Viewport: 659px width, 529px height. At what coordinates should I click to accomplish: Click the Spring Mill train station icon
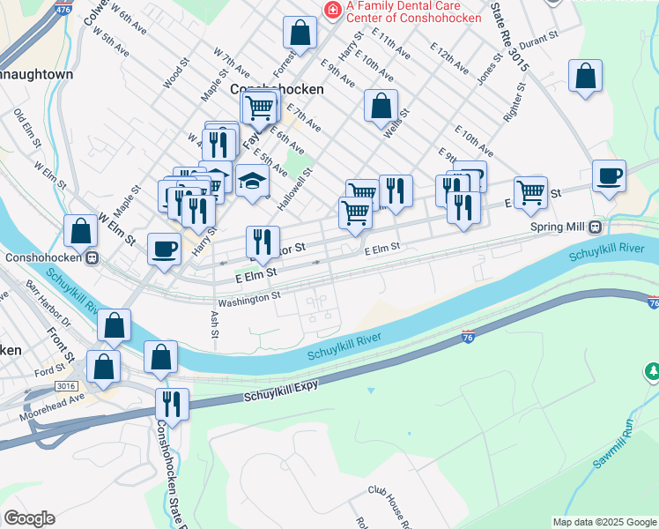click(596, 226)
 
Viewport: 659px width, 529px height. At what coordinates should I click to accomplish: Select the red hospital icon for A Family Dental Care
click(332, 10)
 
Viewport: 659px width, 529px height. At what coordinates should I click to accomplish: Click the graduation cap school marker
click(252, 181)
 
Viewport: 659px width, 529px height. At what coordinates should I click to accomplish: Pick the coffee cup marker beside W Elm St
click(164, 249)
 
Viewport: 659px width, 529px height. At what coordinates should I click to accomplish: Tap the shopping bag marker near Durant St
click(585, 77)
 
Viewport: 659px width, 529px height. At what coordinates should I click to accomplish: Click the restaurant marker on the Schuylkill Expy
click(172, 404)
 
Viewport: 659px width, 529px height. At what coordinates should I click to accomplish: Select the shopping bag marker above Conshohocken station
click(80, 232)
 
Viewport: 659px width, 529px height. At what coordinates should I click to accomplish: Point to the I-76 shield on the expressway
click(469, 337)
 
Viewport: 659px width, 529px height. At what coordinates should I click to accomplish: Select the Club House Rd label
click(393, 502)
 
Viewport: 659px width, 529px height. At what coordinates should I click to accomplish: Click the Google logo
click(29, 518)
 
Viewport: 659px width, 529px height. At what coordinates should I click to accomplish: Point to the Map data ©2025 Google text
click(603, 522)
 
